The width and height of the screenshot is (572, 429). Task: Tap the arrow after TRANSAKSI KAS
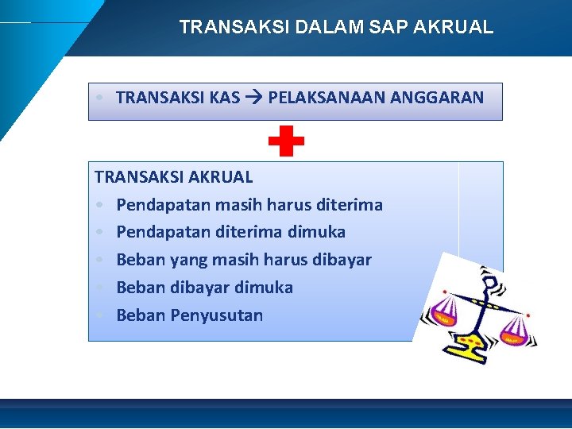click(x=254, y=99)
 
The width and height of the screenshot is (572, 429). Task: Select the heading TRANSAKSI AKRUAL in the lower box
click(x=173, y=177)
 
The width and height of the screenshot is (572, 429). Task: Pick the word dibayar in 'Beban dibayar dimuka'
click(x=198, y=288)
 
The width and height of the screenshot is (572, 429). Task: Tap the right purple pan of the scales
click(x=512, y=337)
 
